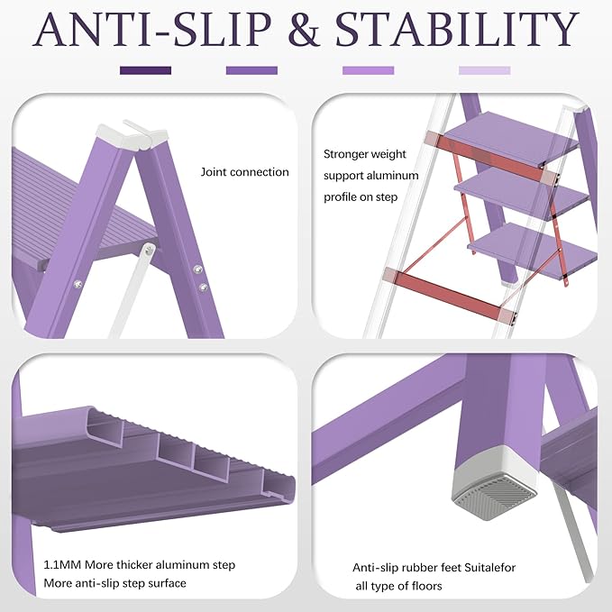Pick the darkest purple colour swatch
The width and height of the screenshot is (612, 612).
click(145, 70)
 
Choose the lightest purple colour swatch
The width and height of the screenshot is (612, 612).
click(484, 70)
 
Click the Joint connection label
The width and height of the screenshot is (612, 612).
click(244, 172)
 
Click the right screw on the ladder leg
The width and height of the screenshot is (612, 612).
click(203, 288)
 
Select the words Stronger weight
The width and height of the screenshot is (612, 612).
click(365, 154)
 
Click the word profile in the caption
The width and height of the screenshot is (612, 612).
click(344, 196)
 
